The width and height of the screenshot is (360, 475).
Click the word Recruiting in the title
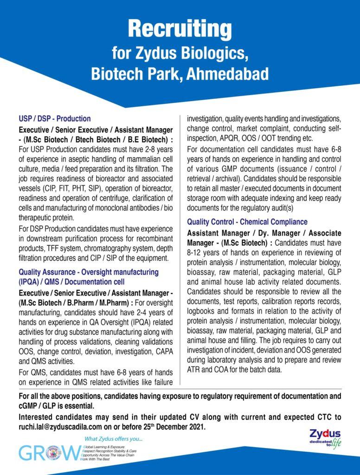coord(180,29)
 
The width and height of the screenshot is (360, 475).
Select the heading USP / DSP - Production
coord(54,119)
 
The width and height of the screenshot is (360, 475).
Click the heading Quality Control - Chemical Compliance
coord(247,222)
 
